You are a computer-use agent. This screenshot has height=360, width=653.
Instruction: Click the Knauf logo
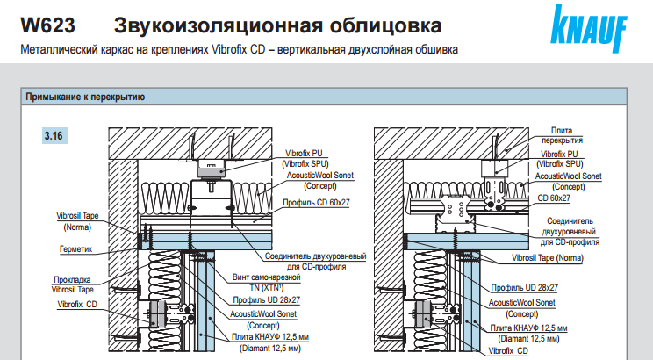click(x=589, y=27)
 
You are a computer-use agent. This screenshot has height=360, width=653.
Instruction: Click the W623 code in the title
click(x=48, y=25)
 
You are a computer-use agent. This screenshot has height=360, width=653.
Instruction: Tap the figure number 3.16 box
click(x=54, y=136)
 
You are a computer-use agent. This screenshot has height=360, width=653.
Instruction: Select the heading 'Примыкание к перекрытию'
click(x=85, y=97)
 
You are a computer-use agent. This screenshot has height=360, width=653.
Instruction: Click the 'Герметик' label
click(x=75, y=249)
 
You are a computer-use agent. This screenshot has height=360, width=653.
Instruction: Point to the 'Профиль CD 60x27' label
click(x=317, y=203)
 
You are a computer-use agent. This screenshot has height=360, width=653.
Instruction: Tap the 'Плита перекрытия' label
click(x=562, y=135)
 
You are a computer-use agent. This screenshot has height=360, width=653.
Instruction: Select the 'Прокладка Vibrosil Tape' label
click(x=73, y=284)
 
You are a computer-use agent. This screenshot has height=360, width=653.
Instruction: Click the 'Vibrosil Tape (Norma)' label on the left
click(x=77, y=221)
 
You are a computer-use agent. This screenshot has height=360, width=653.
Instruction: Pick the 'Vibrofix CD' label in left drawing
click(x=77, y=305)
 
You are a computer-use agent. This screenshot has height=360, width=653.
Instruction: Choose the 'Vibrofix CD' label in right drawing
click(x=508, y=351)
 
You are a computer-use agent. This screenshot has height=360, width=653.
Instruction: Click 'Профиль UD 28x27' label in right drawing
click(x=525, y=287)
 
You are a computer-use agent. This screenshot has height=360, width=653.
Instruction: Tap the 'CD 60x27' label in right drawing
click(x=554, y=198)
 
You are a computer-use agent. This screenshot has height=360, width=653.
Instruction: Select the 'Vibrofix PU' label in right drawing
click(x=559, y=159)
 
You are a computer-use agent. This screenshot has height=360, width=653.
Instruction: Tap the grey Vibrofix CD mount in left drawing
click(x=155, y=313)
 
